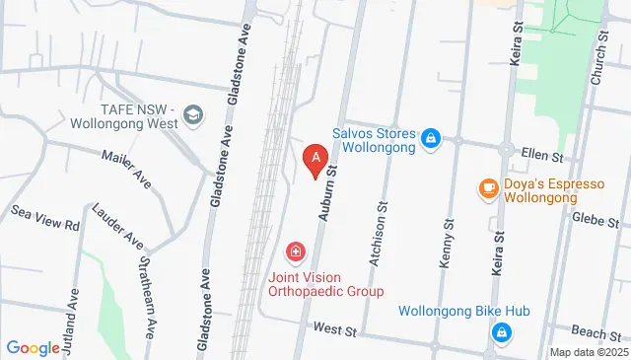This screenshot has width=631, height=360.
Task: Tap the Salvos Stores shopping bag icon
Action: coord(429,140)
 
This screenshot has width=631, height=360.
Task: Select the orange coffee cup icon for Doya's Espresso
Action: coord(487,187)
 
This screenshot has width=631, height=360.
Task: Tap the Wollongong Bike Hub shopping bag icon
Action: coord(503,333)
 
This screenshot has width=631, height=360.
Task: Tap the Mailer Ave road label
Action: coord(127,169)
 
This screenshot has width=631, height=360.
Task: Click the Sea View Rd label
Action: coord(45,218)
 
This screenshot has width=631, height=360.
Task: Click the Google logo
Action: coord(33,347)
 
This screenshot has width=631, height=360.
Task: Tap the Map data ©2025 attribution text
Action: coord(588,352)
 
